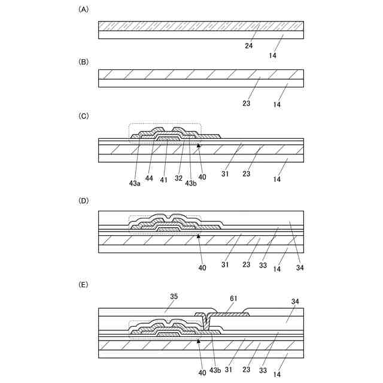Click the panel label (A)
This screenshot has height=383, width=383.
(x=83, y=10)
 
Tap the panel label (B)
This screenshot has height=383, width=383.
(x=83, y=61)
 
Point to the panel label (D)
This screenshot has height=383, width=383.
(x=83, y=200)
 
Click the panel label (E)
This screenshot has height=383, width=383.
(x=83, y=285)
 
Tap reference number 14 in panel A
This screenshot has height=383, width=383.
(x=272, y=55)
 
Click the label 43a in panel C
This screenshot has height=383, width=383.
(x=135, y=183)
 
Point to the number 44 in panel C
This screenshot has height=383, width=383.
(x=150, y=178)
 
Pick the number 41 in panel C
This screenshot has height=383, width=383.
(x=163, y=178)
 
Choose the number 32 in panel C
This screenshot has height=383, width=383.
(x=178, y=178)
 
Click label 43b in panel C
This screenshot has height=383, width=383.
(x=191, y=183)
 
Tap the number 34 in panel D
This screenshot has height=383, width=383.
(x=300, y=268)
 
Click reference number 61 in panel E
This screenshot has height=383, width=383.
(x=234, y=297)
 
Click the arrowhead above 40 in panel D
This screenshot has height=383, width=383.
(x=199, y=236)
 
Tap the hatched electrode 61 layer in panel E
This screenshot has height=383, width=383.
(x=230, y=314)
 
